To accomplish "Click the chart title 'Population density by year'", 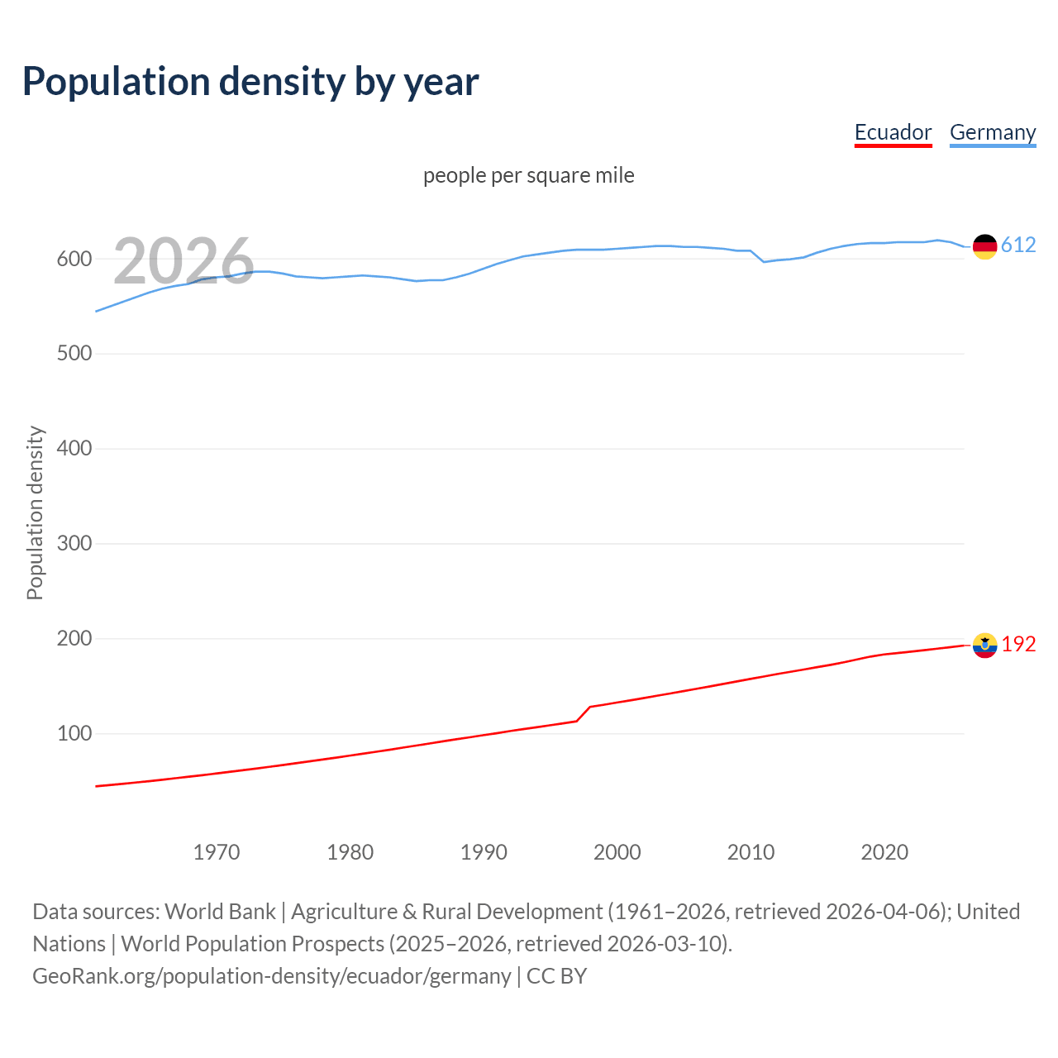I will pyautogui.click(x=250, y=82).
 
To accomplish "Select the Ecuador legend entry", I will pyautogui.click(x=893, y=132).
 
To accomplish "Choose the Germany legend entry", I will pyautogui.click(x=992, y=132).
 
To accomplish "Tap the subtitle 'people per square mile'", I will pyautogui.click(x=528, y=175).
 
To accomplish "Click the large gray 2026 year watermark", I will pyautogui.click(x=183, y=261).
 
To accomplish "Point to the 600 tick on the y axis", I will pyautogui.click(x=74, y=259).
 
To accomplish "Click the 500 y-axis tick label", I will pyautogui.click(x=74, y=354).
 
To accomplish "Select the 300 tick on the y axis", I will pyautogui.click(x=74, y=544).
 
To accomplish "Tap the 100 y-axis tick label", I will pyautogui.click(x=74, y=734).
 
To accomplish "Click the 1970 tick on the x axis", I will pyautogui.click(x=217, y=852).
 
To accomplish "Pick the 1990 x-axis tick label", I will pyautogui.click(x=484, y=852).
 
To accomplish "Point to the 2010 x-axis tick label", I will pyautogui.click(x=751, y=852).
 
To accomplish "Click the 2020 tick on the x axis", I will pyautogui.click(x=884, y=852).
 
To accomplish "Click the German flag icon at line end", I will pyautogui.click(x=984, y=246).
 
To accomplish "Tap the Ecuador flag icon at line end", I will pyautogui.click(x=984, y=645).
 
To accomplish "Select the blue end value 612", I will pyautogui.click(x=1018, y=245).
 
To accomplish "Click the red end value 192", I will pyautogui.click(x=1018, y=644).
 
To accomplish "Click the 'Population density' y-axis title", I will pyautogui.click(x=35, y=512).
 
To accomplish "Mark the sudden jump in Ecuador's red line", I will pyautogui.click(x=584, y=714).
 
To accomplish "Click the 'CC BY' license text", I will pyautogui.click(x=556, y=976).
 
